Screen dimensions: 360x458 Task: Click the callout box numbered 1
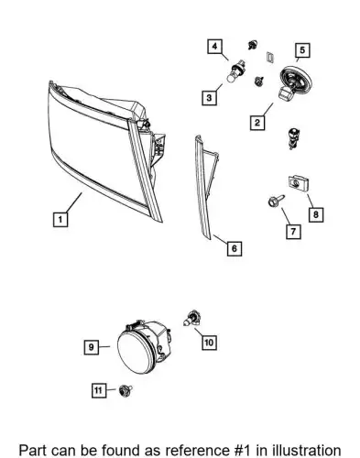(60, 219)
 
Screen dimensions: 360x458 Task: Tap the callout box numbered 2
(257, 123)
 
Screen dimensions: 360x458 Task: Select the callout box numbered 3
(209, 98)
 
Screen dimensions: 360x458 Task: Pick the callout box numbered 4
(215, 47)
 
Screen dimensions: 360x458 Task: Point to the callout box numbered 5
(302, 50)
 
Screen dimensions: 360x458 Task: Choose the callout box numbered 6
(235, 248)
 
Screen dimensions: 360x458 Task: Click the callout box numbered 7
(293, 232)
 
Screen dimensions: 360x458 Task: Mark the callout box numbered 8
(316, 214)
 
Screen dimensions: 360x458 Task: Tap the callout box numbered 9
(92, 347)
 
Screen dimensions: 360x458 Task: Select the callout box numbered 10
(209, 343)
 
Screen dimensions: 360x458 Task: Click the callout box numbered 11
(99, 390)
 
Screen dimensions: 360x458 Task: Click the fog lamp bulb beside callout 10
(192, 319)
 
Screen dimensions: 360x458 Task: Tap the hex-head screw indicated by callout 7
(276, 201)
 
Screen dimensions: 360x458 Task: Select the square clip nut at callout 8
(299, 183)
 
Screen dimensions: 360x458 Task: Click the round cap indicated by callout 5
(295, 80)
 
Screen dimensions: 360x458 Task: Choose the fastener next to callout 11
(125, 389)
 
